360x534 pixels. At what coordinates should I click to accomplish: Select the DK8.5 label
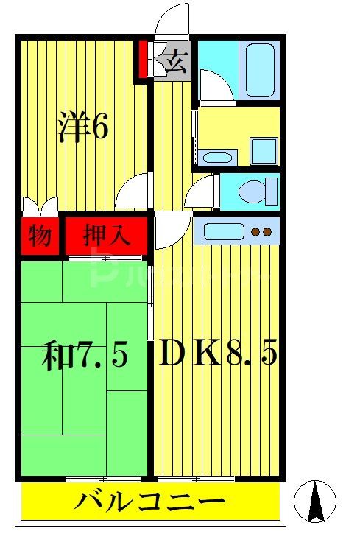point(218,355)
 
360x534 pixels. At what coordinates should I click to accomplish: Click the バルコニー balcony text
point(149,505)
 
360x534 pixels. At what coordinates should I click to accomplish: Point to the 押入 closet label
point(107,236)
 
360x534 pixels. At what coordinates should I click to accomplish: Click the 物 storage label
point(39,236)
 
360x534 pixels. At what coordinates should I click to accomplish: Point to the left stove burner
point(255,233)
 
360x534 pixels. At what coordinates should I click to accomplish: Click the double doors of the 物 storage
point(39,205)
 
